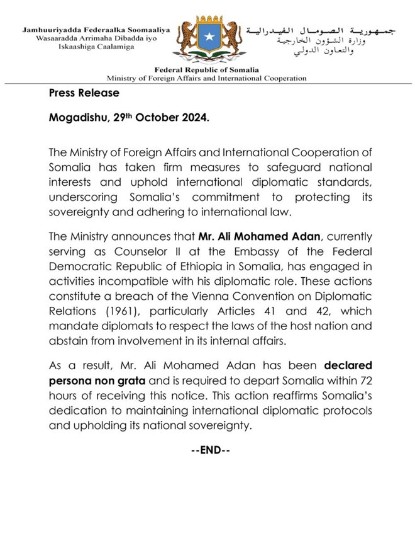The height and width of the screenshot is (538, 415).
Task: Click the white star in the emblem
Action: click(x=207, y=39)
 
